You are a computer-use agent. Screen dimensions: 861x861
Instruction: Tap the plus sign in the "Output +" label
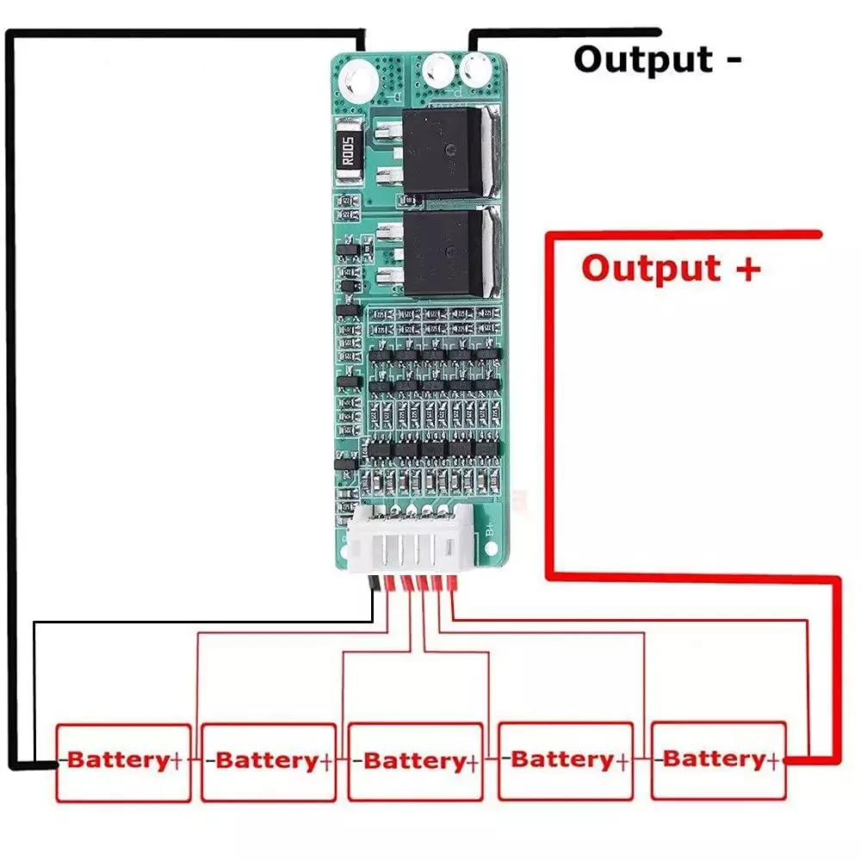point(747,268)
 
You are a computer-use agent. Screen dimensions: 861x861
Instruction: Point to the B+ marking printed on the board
point(488,531)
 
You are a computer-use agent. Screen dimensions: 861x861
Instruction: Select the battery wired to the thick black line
point(123,761)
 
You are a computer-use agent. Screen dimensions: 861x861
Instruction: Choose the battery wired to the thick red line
point(718,759)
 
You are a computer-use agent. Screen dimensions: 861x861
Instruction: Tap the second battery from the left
point(268,761)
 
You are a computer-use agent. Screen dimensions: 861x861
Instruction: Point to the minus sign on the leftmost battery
point(61,761)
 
